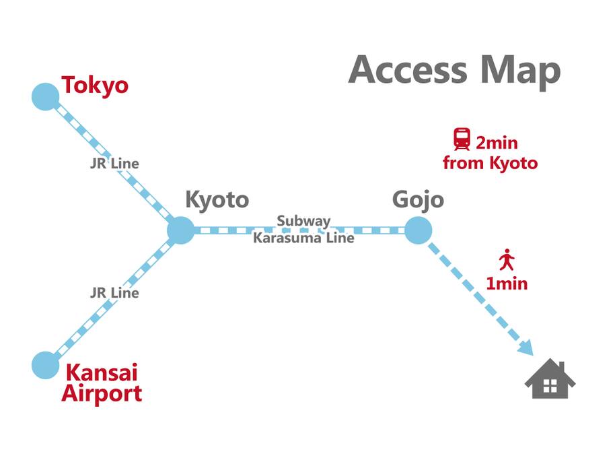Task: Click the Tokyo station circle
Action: [45, 96]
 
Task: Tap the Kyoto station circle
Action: [180, 230]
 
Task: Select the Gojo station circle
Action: [418, 230]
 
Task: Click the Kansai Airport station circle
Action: [45, 365]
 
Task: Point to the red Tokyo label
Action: [95, 86]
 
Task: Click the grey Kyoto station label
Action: [217, 200]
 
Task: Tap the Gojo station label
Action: [418, 200]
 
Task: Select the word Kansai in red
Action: [102, 372]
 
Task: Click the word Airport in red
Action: [102, 393]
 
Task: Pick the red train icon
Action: [462, 139]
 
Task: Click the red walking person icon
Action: [507, 259]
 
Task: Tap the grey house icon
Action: [550, 379]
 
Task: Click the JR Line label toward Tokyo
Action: [114, 164]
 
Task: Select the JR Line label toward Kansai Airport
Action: [114, 293]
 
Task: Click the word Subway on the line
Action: [303, 222]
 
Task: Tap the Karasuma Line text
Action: [303, 238]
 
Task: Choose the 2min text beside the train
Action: [497, 143]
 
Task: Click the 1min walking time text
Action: [507, 284]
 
